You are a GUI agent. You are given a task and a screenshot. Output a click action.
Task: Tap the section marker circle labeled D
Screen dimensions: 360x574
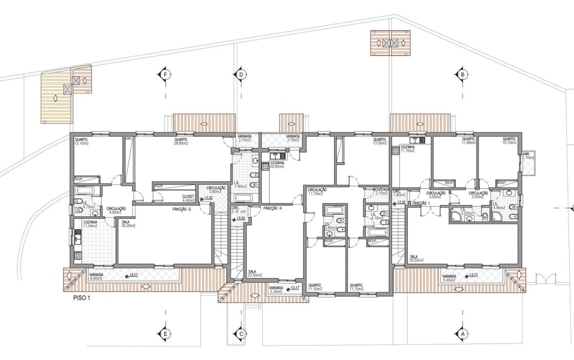[x=241, y=74]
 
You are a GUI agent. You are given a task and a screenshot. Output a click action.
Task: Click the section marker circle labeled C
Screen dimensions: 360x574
[x=241, y=333]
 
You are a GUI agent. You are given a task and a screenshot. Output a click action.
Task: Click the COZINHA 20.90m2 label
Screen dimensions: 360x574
[x=277, y=164]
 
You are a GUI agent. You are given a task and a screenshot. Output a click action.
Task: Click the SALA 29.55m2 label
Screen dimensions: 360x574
[x=416, y=258]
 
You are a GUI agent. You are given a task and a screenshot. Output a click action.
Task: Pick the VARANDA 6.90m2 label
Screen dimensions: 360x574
[x=97, y=276]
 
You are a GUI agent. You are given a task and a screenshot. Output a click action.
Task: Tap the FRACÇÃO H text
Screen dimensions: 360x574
[x=273, y=207]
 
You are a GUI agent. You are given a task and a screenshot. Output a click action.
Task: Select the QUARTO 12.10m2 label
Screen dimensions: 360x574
[x=82, y=141]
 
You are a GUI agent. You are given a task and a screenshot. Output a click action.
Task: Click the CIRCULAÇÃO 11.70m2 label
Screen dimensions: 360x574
[x=317, y=191]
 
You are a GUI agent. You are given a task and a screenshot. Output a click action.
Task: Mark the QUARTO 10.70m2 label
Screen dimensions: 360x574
[x=509, y=141]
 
